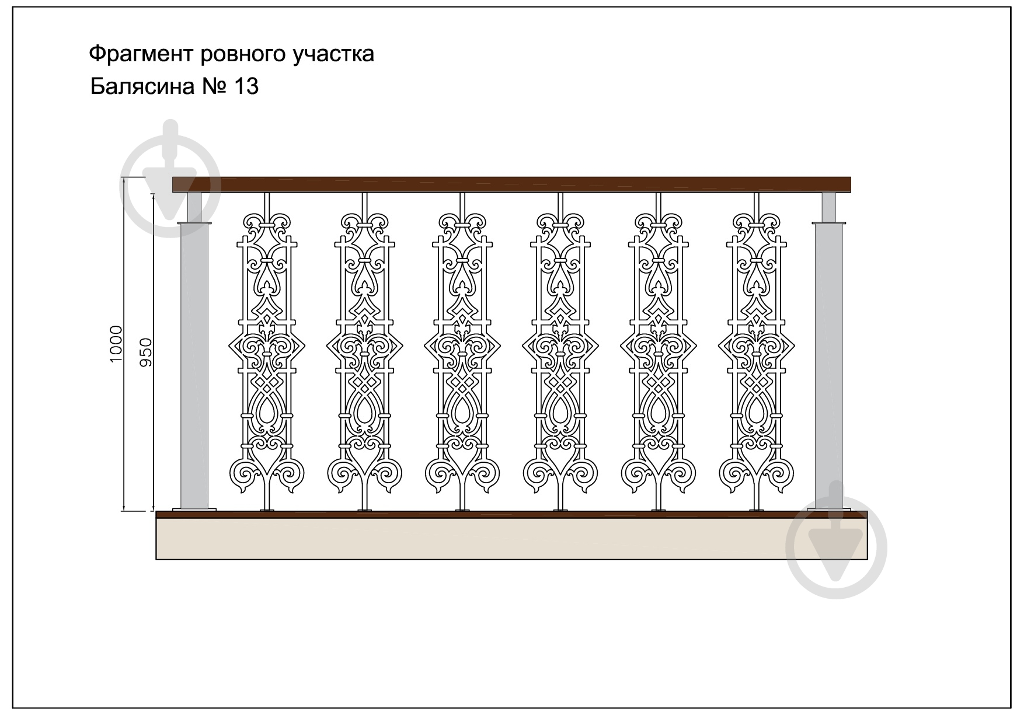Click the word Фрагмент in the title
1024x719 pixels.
142,54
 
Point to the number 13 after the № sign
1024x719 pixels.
246,86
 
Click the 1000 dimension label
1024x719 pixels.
116,344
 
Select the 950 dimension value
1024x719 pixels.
146,352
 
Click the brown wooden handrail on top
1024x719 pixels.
511,184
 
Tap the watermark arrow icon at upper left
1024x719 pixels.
170,178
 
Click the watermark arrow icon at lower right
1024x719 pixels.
836,540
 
